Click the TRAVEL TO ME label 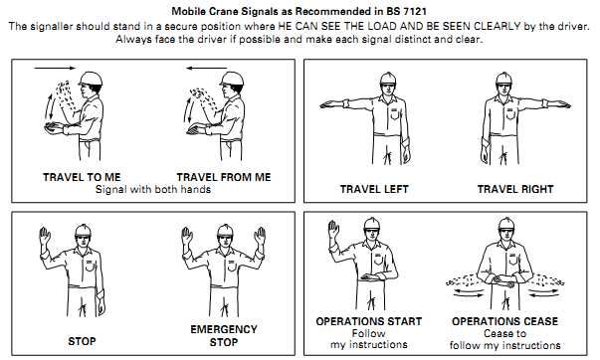point(82,177)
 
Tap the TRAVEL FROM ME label point(224,177)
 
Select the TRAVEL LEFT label point(374,189)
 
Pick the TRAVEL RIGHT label point(515,189)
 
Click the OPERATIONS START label point(369,321)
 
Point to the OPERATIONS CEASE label point(505,321)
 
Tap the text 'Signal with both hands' point(153,189)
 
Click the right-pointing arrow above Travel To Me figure point(55,68)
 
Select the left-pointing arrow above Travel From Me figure point(207,68)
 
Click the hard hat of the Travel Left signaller point(388,79)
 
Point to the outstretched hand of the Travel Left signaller point(331,103)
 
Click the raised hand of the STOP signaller point(45,236)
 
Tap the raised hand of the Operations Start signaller point(333,230)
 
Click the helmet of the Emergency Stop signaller point(225,231)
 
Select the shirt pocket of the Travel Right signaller point(510,113)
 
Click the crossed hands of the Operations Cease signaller point(503,281)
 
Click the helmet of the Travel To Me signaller point(91,79)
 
